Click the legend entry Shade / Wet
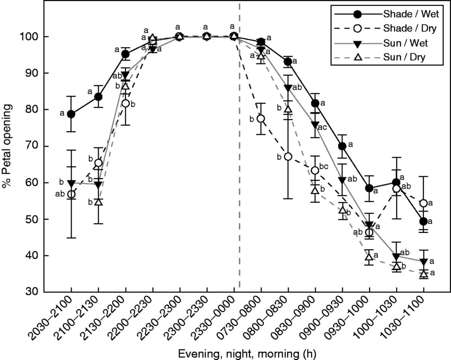click(x=406, y=14)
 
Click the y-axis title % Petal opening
click(x=8, y=147)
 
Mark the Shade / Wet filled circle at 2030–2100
click(x=71, y=114)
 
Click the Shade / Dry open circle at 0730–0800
click(x=261, y=119)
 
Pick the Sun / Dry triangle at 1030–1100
click(x=424, y=274)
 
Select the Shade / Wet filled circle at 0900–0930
click(x=342, y=146)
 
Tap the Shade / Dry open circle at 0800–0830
click(x=288, y=157)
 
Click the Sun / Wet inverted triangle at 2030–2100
click(x=71, y=183)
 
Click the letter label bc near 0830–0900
click(x=324, y=166)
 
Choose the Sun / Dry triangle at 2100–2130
click(x=98, y=202)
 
